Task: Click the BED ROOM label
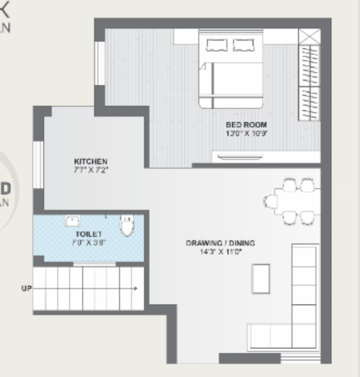tap(246, 125)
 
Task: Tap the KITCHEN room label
tap(90, 161)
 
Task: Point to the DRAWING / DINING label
tap(220, 243)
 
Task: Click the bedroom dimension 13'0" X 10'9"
tap(246, 133)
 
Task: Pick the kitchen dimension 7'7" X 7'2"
tap(90, 169)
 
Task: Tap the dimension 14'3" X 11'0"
tap(220, 252)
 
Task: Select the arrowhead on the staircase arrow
tap(135, 288)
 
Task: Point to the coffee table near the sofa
tap(260, 277)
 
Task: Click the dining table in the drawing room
tap(292, 201)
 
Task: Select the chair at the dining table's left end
tap(271, 201)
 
